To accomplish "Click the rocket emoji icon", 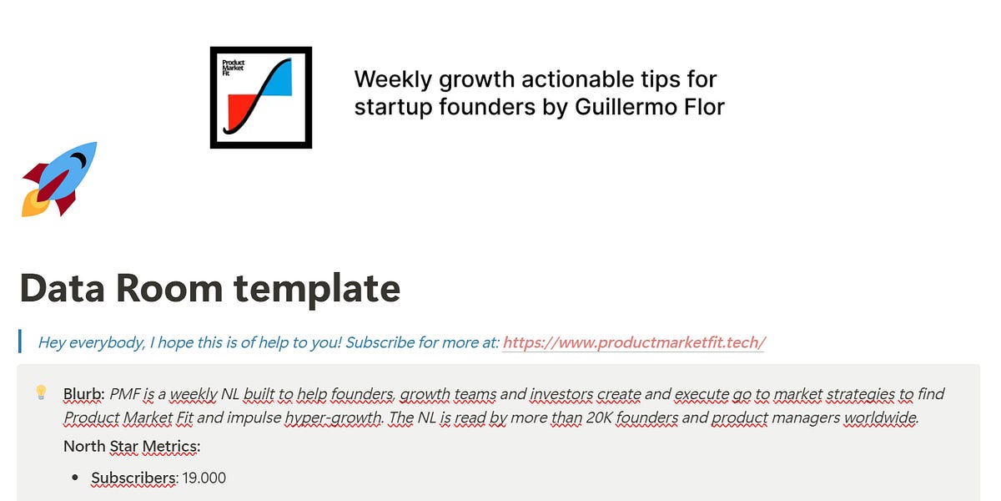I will tap(59, 179).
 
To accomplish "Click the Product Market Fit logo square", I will tap(261, 98).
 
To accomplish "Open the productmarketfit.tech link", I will tap(634, 342).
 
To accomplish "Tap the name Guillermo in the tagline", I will tap(626, 107).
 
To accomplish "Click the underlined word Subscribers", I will tap(133, 478).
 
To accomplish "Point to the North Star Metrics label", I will tap(132, 447).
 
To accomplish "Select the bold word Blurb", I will tap(83, 394).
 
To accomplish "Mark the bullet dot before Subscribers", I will tap(75, 478).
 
